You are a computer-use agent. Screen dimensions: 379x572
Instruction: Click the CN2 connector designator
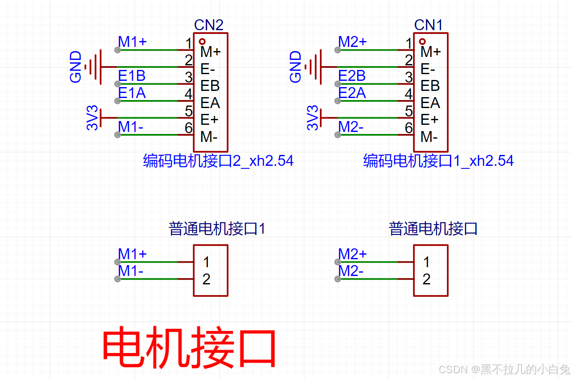[209, 25]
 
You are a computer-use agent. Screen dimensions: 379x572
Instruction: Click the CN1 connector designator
[428, 25]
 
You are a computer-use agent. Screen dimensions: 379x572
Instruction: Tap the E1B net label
[132, 76]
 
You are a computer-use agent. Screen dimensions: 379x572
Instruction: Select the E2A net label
[352, 93]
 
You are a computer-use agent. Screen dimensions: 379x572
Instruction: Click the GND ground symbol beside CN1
[315, 67]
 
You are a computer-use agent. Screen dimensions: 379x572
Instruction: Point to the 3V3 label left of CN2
[92, 118]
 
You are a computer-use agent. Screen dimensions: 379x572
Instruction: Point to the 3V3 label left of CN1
[312, 118]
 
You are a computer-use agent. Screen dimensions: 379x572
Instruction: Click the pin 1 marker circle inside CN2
[202, 41]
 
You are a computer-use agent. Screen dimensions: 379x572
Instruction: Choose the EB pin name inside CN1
[430, 86]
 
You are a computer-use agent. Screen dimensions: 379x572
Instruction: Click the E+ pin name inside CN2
[209, 120]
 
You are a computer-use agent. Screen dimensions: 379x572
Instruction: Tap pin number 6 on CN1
[409, 128]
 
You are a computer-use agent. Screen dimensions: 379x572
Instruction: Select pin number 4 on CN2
[189, 94]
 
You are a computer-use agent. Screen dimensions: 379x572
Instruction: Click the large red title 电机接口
[189, 348]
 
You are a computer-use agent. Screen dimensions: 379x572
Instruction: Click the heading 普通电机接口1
[217, 229]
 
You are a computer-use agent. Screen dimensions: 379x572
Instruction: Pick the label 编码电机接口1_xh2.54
[438, 161]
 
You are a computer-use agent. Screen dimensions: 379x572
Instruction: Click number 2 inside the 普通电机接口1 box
[206, 279]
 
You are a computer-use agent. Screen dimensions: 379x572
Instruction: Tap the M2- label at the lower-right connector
[350, 271]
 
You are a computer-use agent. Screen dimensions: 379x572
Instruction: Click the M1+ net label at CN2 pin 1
[132, 42]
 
